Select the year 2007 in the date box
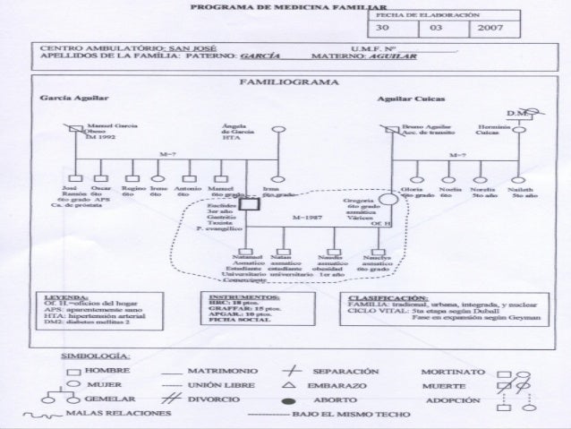pos(492,29)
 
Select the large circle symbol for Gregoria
pos(387,202)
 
